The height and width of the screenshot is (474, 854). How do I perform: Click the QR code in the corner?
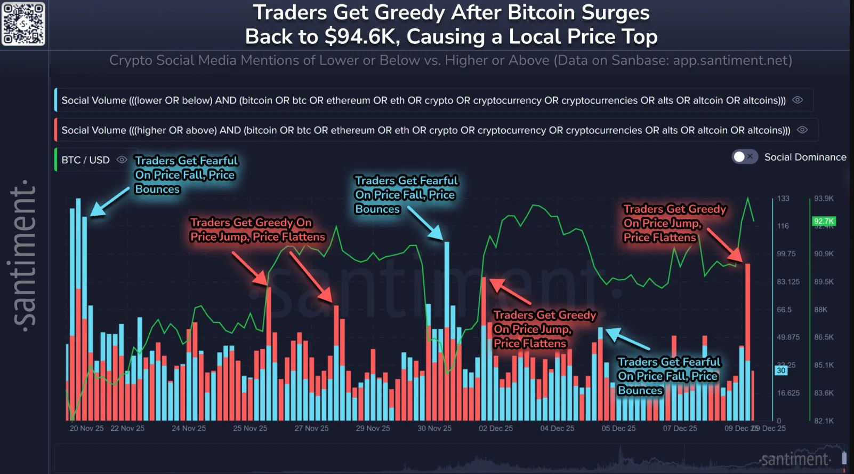click(23, 23)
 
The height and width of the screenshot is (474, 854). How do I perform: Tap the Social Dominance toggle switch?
click(744, 157)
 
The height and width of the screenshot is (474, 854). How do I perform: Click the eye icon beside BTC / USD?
click(122, 160)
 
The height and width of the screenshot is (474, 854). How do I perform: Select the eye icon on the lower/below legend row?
click(797, 100)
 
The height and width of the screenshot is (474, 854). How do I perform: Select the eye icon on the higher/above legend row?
click(802, 130)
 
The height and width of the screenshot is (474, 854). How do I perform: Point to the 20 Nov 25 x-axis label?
click(86, 428)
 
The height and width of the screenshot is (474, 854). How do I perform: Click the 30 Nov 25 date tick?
click(434, 428)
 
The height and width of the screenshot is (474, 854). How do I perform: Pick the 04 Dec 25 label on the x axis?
click(557, 428)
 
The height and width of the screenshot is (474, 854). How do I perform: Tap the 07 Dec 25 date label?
click(680, 428)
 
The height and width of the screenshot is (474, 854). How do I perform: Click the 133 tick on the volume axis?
click(783, 199)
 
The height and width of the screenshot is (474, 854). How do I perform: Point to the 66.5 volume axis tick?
click(784, 310)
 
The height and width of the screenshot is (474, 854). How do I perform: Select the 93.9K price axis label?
click(824, 199)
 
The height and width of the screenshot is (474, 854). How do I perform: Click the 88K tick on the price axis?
click(821, 310)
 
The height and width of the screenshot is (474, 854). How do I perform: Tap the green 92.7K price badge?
click(824, 221)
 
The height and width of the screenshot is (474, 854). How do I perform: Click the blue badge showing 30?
click(781, 370)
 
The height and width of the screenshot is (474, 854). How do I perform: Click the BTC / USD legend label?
click(85, 160)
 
